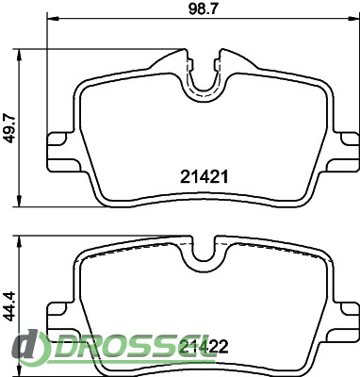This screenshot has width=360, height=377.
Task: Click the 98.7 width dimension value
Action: tap(203, 8)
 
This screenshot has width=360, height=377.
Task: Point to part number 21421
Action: tap(204, 177)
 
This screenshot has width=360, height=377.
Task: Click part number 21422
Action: tap(204, 347)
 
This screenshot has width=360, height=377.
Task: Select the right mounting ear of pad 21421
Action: tap(345, 153)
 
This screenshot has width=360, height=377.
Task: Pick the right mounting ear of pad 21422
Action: tap(345, 323)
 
